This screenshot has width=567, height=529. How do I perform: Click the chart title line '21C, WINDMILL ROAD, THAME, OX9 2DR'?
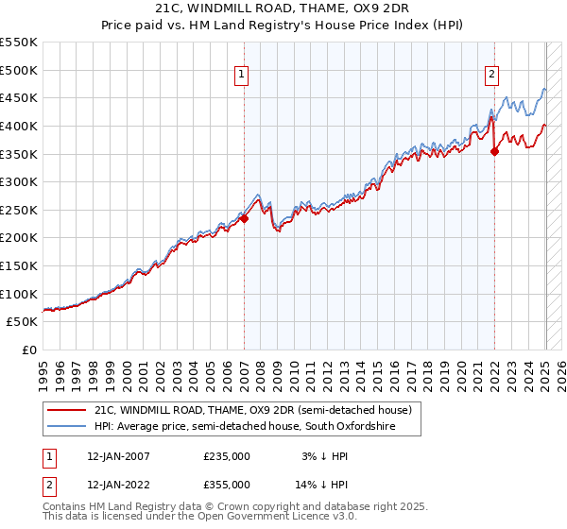click(283, 8)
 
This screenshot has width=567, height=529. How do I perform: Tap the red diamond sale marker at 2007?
click(244, 218)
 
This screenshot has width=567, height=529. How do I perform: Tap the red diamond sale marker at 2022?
click(494, 151)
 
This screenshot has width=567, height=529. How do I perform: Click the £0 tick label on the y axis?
click(29, 350)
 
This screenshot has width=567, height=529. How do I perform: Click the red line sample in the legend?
click(67, 411)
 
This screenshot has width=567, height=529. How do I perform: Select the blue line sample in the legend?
click(67, 427)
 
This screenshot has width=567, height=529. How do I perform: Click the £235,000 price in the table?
click(227, 456)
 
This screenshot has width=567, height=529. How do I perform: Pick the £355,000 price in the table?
click(227, 484)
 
